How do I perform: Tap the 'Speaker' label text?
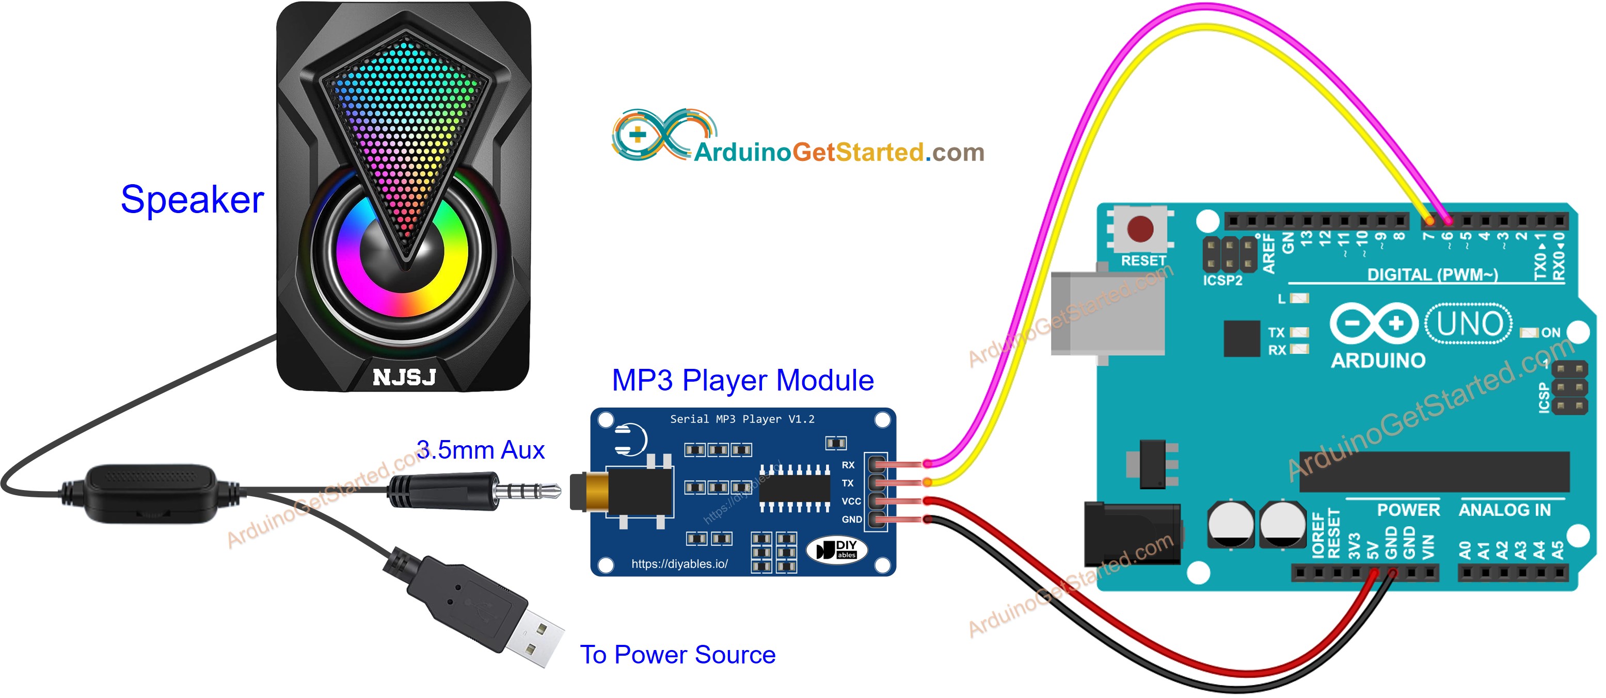click(x=192, y=200)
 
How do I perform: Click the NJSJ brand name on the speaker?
click(x=404, y=377)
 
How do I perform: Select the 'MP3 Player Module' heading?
click(x=742, y=380)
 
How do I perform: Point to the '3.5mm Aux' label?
click(x=480, y=450)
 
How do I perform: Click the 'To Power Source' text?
click(x=678, y=654)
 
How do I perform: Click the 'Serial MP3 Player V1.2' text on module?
click(x=742, y=419)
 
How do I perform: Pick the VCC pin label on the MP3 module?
click(x=851, y=501)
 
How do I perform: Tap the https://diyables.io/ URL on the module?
click(x=679, y=564)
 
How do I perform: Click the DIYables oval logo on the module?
click(x=837, y=549)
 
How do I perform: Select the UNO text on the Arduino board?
click(x=1469, y=324)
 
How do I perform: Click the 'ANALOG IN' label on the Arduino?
click(x=1504, y=510)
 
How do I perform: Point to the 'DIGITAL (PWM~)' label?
click(x=1432, y=275)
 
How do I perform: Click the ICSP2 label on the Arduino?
click(x=1222, y=281)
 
